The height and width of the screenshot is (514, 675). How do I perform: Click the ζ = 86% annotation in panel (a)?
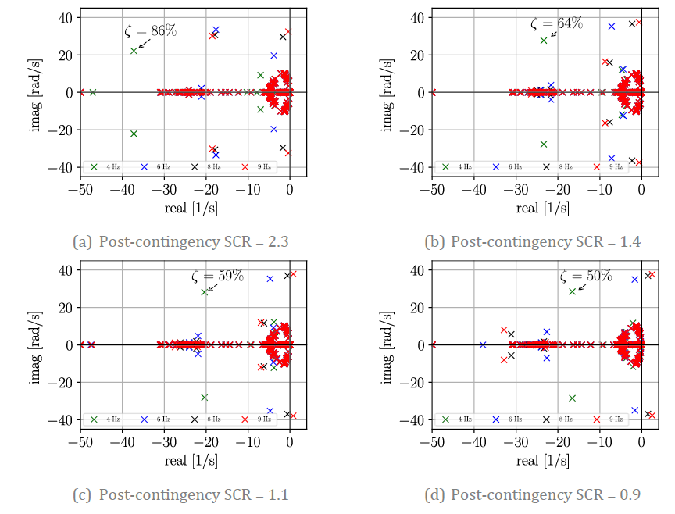[x=151, y=31]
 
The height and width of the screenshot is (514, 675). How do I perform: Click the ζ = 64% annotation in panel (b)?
[x=556, y=23]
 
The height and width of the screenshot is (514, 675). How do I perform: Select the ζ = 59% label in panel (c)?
[x=218, y=276]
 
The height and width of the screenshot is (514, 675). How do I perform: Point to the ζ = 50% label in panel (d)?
[x=586, y=276]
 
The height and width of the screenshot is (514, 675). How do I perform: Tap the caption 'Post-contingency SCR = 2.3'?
[x=180, y=241]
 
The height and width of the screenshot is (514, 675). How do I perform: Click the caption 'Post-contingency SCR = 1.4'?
[x=532, y=241]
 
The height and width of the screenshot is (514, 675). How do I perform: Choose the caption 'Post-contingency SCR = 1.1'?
[x=180, y=494]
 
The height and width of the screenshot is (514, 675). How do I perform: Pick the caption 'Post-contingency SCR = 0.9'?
[x=532, y=494]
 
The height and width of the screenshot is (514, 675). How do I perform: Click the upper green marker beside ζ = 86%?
[x=134, y=51]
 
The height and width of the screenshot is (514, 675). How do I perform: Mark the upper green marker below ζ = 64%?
[x=544, y=40]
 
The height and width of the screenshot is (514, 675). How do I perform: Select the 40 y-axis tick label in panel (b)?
[x=417, y=17]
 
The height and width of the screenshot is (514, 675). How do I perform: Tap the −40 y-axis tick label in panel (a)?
[x=62, y=167]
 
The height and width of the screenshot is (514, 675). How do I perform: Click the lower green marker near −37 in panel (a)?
[x=134, y=134]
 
